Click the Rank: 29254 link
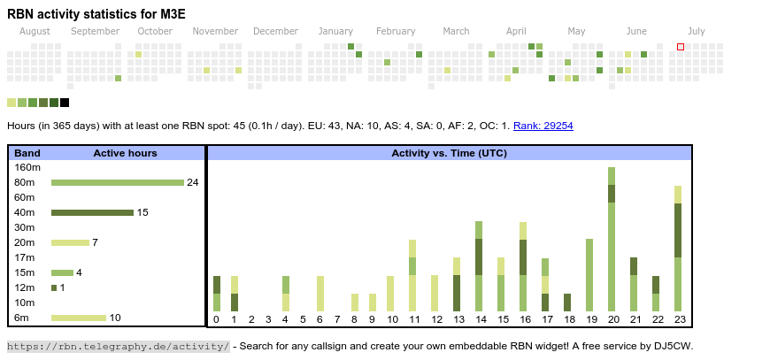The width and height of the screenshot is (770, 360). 543,126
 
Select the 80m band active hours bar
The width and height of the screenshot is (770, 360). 117,182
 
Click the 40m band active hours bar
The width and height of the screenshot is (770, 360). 92,212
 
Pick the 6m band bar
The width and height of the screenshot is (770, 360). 79,318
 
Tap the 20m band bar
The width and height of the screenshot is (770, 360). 70,242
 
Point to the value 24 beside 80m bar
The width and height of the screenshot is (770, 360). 192,182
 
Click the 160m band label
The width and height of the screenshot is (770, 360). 27,167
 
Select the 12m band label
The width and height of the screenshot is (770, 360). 26,287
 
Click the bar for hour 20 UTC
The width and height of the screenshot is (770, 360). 612,239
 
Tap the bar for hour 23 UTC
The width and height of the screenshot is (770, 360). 678,249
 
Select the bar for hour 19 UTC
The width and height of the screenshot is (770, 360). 589,275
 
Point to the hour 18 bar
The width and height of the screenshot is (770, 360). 567,303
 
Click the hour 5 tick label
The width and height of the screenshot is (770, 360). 303,319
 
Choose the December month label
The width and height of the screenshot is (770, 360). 275,31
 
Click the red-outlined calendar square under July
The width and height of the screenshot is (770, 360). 681,47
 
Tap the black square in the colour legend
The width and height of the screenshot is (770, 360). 65,103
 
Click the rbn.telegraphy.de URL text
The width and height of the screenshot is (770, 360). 119,346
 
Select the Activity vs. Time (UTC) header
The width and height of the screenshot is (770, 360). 449,153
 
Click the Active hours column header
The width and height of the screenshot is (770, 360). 125,153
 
